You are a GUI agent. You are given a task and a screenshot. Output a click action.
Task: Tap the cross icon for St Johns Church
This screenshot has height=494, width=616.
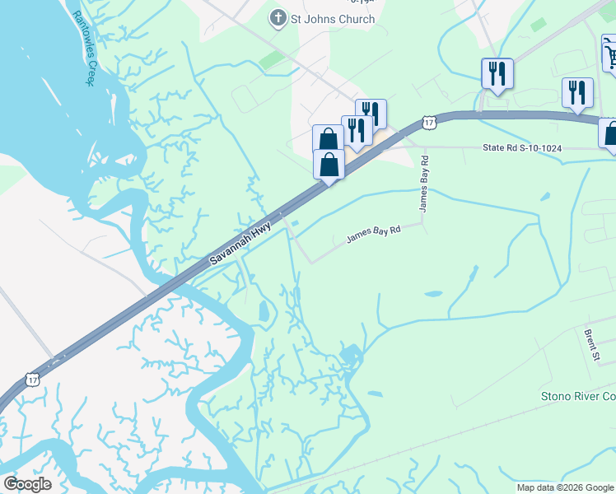(278, 18)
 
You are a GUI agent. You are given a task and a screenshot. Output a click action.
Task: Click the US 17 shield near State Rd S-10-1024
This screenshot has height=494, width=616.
(428, 123)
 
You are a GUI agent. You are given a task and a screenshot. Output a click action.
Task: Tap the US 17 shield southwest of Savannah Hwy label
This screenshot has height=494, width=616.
(32, 378)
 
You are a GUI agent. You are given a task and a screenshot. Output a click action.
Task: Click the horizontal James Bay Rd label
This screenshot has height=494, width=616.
(373, 235)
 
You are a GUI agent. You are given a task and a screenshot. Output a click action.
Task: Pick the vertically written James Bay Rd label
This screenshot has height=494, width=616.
(424, 185)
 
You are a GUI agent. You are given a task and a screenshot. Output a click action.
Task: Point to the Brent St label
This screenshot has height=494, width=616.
(591, 346)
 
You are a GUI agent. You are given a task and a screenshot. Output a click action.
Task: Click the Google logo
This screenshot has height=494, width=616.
(27, 484)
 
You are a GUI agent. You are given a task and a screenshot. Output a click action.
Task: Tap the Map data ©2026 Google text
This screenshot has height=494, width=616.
(565, 487)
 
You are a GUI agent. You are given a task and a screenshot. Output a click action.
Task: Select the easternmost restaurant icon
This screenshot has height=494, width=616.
(577, 91)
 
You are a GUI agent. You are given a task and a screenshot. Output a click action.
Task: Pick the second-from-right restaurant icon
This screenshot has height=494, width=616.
(497, 72)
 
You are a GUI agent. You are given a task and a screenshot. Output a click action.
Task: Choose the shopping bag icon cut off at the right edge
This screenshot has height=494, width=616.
(610, 133)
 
